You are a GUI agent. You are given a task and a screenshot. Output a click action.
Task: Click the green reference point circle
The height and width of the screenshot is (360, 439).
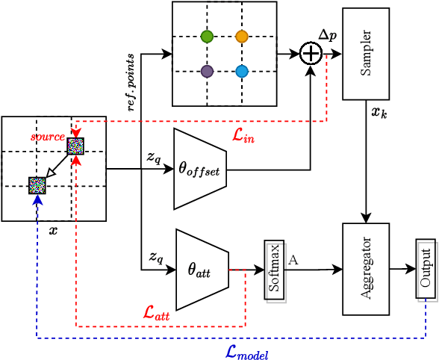[207, 37]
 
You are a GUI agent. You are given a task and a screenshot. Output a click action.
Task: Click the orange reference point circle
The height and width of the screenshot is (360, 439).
[241, 37]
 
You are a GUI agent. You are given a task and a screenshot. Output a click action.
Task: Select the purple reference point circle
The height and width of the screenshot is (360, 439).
[207, 72]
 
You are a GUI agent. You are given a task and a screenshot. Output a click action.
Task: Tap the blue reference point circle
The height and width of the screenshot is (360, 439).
[241, 72]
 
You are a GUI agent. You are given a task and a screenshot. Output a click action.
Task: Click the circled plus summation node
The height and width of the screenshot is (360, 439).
[311, 54]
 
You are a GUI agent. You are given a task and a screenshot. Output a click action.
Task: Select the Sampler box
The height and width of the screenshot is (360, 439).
[366, 54]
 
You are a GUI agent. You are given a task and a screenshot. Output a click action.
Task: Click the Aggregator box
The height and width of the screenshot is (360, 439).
[366, 269]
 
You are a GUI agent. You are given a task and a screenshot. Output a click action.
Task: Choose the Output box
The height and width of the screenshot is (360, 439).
[426, 269]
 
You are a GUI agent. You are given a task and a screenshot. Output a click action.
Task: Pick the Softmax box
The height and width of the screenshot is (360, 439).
[274, 270]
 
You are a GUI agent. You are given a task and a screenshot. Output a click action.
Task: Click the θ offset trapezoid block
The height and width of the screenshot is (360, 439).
[199, 169]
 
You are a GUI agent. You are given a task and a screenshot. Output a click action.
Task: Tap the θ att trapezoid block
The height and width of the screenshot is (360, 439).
[200, 270]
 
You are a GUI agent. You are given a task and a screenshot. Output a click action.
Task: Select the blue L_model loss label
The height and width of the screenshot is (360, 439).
[246, 352]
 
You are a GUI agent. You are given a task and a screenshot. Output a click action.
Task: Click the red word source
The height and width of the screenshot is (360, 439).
[47, 137]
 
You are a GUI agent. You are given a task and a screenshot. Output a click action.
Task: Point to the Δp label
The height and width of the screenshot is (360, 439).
[327, 35]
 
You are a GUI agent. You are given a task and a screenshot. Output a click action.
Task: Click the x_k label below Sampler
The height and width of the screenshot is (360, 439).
[379, 113]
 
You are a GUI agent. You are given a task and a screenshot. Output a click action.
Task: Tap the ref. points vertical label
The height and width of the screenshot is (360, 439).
[131, 82]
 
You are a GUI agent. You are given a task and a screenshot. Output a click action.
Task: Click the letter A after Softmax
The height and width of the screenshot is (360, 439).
[293, 260]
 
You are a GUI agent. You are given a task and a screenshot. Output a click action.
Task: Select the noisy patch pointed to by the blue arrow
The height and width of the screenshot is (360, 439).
[37, 185]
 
